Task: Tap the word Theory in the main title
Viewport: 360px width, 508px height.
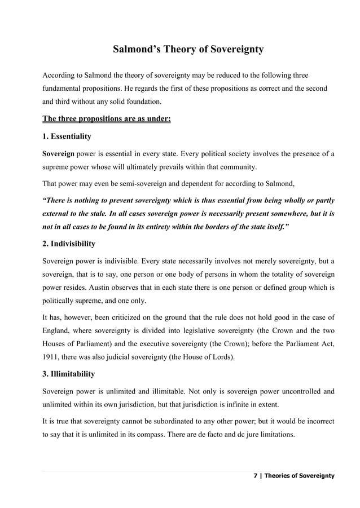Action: [x=177, y=50]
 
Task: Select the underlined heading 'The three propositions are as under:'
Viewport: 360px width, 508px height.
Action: [x=107, y=119]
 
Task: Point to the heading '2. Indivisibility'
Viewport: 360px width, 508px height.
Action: [x=69, y=244]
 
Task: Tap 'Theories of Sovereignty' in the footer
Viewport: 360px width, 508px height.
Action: [x=300, y=476]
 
